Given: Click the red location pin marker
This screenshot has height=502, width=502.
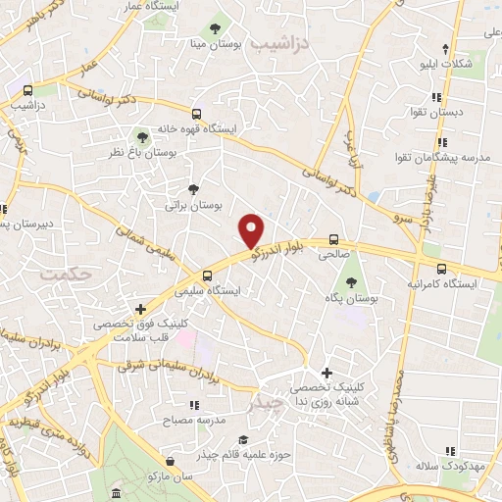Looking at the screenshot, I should click(252, 230).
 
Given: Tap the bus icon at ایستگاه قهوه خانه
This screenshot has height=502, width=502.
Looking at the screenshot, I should click(197, 114).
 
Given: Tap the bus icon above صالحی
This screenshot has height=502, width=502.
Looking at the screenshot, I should click(333, 238).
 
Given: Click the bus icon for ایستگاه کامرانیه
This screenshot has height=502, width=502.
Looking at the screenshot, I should click(440, 269).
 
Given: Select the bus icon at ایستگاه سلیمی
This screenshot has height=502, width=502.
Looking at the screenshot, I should click(206, 276).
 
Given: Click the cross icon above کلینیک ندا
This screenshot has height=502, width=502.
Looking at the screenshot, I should click(327, 373).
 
